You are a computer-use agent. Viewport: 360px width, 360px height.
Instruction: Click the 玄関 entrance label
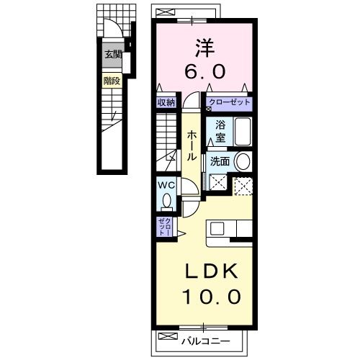tap(113, 55)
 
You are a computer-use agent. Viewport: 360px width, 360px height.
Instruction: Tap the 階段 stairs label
tap(112, 81)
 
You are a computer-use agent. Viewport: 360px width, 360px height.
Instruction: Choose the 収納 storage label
tap(166, 103)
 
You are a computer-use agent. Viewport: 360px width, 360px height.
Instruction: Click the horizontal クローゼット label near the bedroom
tap(229, 103)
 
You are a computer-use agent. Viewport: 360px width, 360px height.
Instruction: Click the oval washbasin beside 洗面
tap(243, 162)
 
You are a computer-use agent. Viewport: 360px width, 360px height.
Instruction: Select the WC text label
tap(166, 184)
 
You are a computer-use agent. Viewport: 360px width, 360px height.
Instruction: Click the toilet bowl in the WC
tap(167, 200)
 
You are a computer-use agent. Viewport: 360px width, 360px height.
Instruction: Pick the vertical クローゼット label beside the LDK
tap(163, 227)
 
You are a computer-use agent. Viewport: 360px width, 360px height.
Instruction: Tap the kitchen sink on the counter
tap(217, 230)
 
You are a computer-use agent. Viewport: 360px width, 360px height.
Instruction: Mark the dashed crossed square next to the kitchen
tap(243, 184)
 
